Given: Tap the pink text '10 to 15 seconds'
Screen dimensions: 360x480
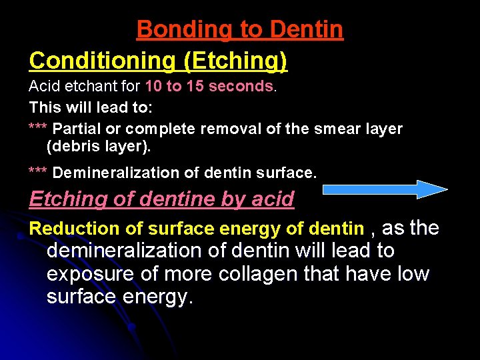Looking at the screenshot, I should [x=209, y=87].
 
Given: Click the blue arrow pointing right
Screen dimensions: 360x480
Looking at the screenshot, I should [x=385, y=189].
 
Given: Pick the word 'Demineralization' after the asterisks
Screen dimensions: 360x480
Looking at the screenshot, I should [x=107, y=173].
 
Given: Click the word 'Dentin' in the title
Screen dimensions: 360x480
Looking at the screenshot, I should [x=307, y=30].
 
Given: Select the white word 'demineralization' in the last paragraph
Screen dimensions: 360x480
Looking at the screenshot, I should [x=124, y=251].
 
